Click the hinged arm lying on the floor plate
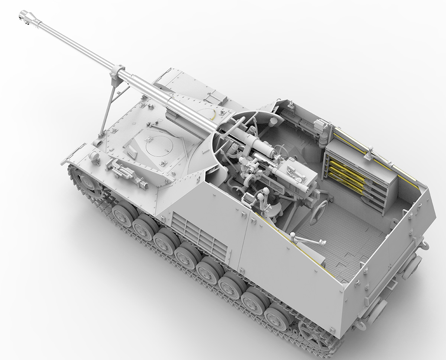(308, 240)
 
